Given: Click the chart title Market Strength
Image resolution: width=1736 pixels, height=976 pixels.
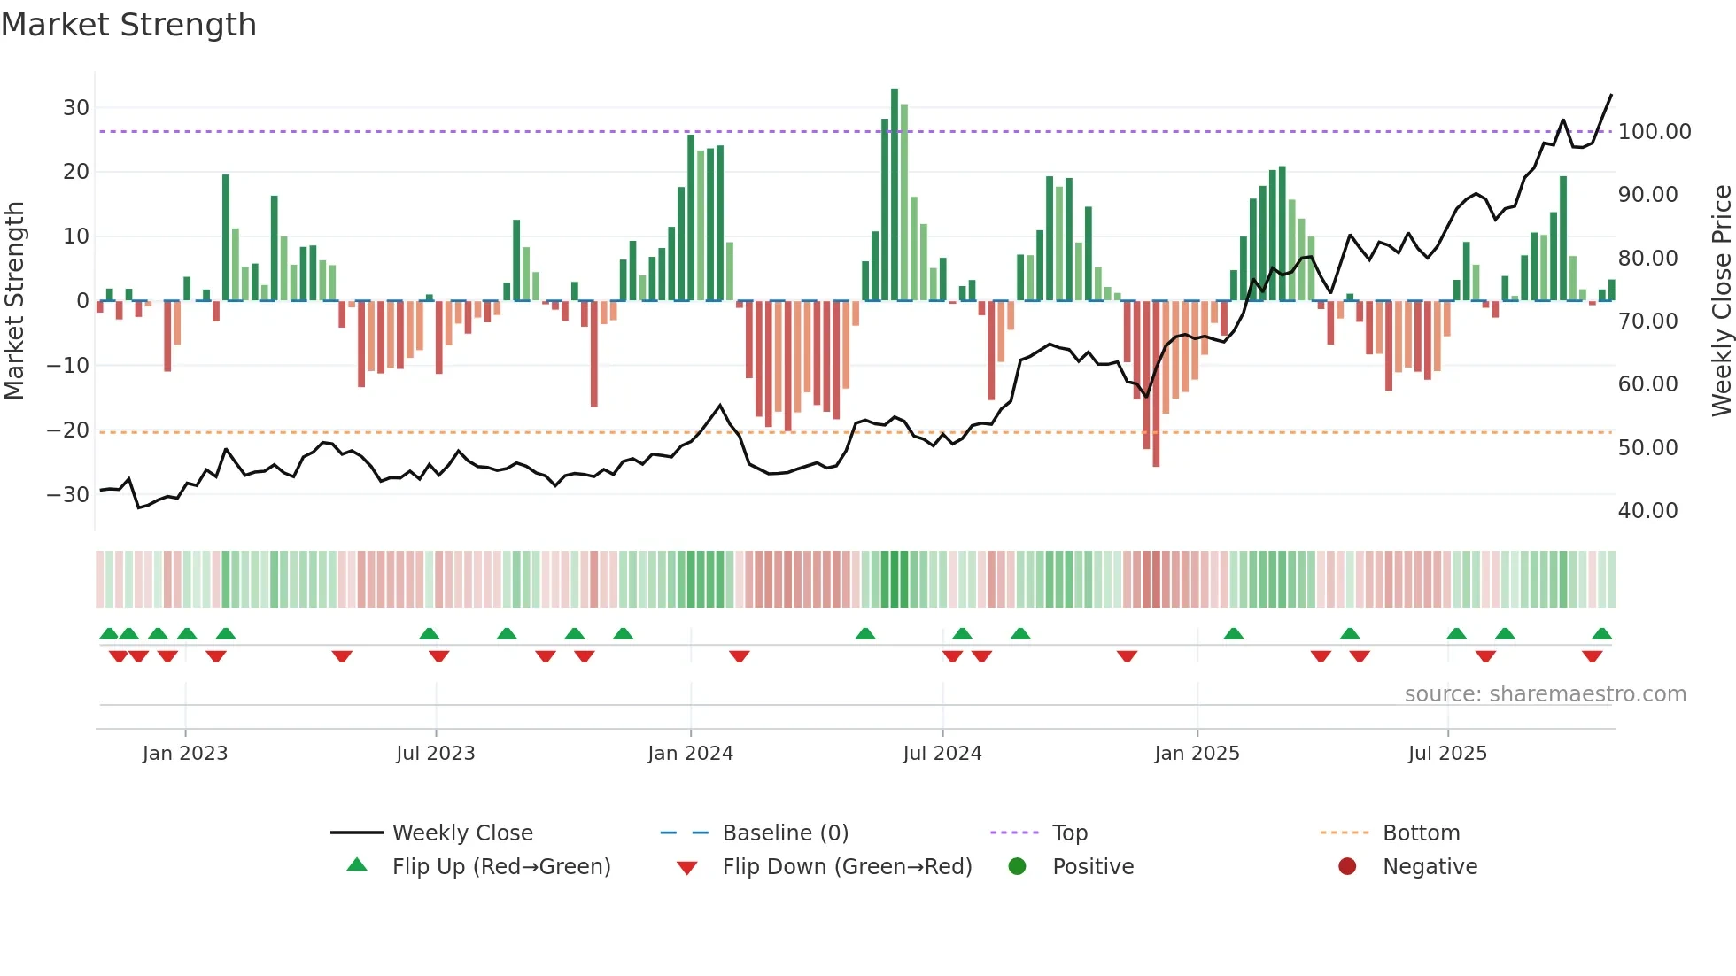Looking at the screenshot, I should [x=128, y=25].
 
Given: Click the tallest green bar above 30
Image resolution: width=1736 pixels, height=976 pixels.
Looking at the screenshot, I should [x=895, y=195].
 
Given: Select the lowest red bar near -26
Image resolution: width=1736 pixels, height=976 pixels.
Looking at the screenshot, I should [x=1156, y=383].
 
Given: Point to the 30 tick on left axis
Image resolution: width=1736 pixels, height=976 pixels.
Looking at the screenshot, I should [x=76, y=108].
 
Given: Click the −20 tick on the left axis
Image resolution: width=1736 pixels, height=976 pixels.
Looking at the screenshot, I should [x=68, y=430].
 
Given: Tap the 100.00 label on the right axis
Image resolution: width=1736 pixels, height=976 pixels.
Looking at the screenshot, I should [x=1654, y=132].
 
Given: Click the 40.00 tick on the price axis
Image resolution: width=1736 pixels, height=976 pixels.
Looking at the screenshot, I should [x=1647, y=511].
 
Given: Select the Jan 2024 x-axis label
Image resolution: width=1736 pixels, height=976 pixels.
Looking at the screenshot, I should [x=690, y=754].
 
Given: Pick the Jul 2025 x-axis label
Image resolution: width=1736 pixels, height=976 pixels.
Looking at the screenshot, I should [x=1447, y=754].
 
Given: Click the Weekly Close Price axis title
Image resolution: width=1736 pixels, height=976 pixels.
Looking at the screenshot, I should [x=1721, y=301].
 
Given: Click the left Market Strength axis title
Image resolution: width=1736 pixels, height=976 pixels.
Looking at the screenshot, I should [x=15, y=301].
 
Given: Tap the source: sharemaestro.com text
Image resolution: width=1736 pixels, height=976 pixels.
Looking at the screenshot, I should [x=1545, y=694].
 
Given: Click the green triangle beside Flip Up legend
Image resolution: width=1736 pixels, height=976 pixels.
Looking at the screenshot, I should [x=357, y=865].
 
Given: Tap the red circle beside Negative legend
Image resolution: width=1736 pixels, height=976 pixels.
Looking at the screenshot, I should [x=1347, y=866].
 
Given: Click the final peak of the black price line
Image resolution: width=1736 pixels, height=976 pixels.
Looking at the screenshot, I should [x=1610, y=95].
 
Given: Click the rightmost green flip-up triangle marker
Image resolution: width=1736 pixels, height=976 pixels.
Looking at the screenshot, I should [x=1601, y=634].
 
